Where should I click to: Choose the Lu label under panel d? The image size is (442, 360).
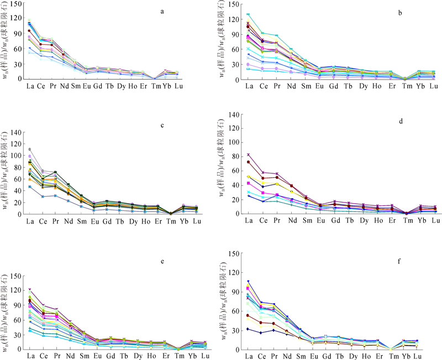click(434, 221)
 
